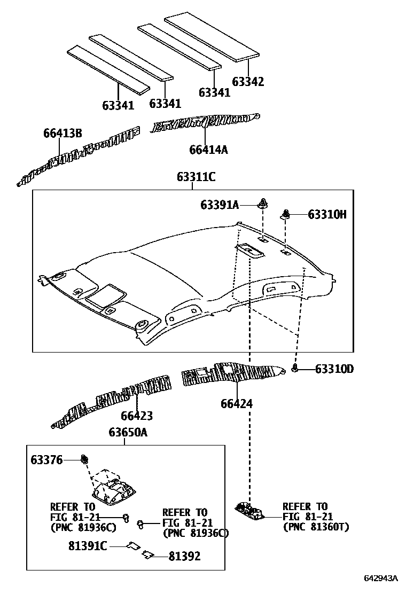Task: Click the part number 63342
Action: [248, 81]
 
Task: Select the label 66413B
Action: [63, 134]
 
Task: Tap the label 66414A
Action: [208, 150]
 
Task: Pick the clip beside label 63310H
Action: [286, 215]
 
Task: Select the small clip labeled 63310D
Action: [295, 368]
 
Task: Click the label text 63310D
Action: [334, 369]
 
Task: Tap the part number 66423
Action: [136, 415]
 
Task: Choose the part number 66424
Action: [237, 404]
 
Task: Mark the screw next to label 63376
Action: [83, 459]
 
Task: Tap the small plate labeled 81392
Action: [147, 556]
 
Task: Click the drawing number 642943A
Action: [381, 579]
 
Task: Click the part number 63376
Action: [46, 459]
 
